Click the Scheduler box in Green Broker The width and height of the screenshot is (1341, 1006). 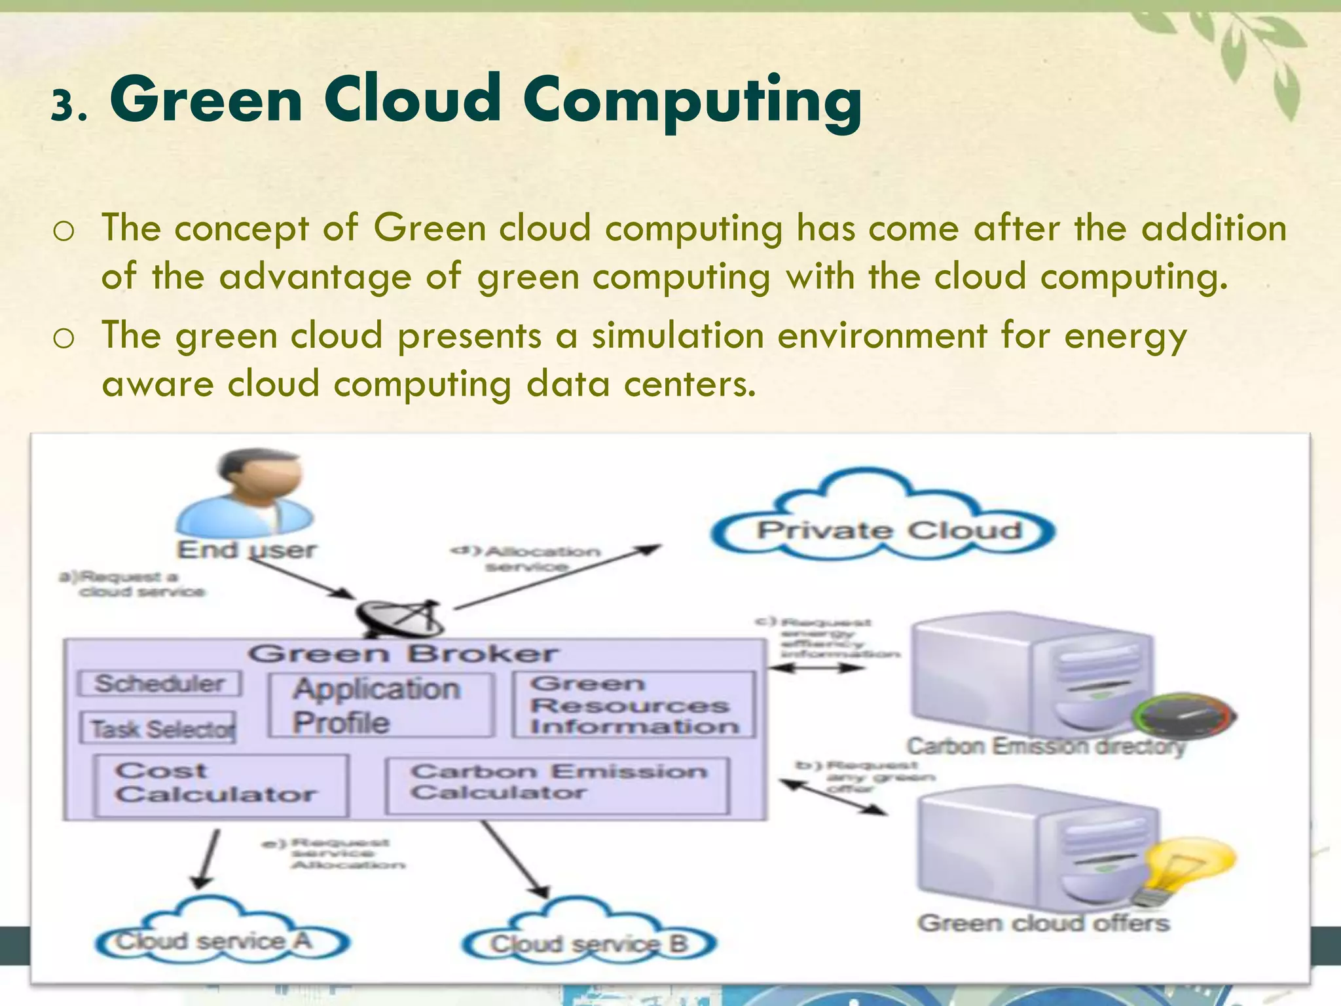159,684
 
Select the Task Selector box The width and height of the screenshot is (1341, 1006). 158,728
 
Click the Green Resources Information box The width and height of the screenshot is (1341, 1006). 633,705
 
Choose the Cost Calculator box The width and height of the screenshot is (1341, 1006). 221,785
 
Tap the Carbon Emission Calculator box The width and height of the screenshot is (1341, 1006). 558,784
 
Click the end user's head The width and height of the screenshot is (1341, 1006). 259,478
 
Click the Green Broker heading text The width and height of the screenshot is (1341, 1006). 403,654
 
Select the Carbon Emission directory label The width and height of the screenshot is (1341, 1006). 1046,746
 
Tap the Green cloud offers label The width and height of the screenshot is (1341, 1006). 1042,923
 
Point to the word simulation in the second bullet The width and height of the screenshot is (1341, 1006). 678,335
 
